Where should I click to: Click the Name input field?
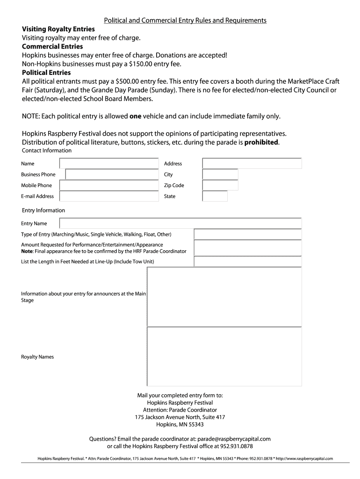[109, 163]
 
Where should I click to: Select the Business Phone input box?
[112, 174]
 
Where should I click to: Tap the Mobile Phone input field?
[109, 185]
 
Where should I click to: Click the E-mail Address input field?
[109, 196]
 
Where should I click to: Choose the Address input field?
[252, 163]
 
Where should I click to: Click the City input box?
[220, 174]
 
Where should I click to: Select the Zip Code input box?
[220, 185]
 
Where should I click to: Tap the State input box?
[215, 196]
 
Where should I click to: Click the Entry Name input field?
[180, 224]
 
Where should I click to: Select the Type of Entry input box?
[248, 234]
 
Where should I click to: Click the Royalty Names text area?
[224, 356]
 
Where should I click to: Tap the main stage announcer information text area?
[224, 297]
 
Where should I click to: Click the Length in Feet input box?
[248, 261]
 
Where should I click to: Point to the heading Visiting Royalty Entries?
[58, 29]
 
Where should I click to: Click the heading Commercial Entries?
[52, 46]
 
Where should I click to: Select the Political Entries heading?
[46, 73]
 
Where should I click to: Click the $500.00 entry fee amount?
[130, 81]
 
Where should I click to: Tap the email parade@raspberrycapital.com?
[234, 439]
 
